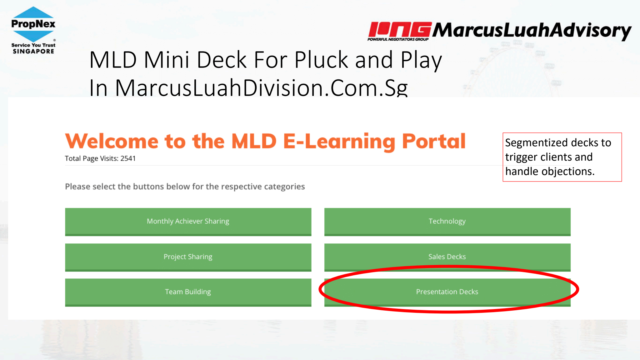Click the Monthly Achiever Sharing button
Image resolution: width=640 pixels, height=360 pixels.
pyautogui.click(x=188, y=222)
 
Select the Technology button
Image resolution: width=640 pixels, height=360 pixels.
pyautogui.click(x=447, y=222)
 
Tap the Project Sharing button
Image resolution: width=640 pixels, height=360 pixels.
pyautogui.click(x=188, y=257)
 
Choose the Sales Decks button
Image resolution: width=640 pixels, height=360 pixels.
pyautogui.click(x=447, y=257)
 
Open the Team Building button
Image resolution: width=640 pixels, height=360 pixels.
pyautogui.click(x=188, y=292)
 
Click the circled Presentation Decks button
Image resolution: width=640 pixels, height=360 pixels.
pyautogui.click(x=447, y=292)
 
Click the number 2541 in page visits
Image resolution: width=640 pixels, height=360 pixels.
pyautogui.click(x=128, y=158)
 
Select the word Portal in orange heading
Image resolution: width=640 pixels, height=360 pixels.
pyautogui.click(x=434, y=141)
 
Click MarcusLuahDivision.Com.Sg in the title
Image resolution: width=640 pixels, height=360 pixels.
pyautogui.click(x=261, y=87)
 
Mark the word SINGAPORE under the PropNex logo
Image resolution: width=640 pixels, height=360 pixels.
pyautogui.click(x=33, y=51)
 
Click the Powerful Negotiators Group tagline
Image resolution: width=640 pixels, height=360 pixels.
pyautogui.click(x=398, y=39)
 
